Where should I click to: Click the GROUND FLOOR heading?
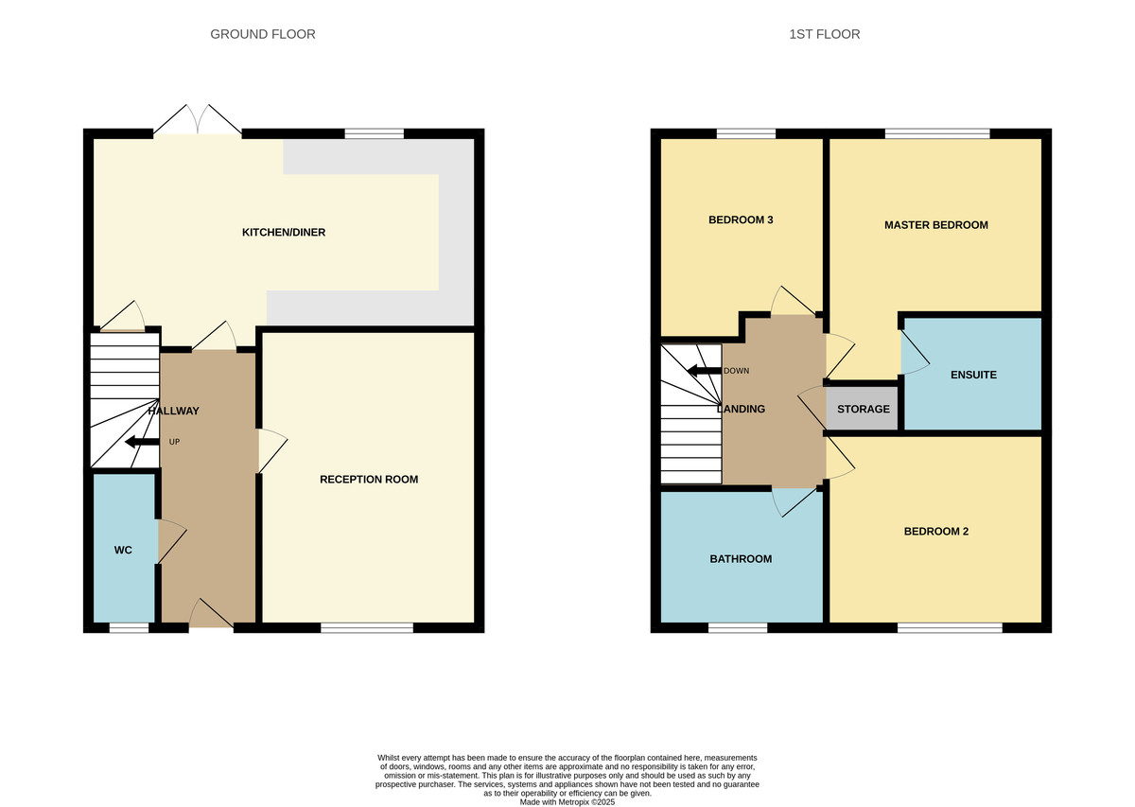pyautogui.click(x=262, y=34)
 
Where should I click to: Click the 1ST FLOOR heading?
pyautogui.click(x=824, y=34)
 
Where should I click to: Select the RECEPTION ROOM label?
pyautogui.click(x=369, y=479)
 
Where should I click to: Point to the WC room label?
pyautogui.click(x=123, y=550)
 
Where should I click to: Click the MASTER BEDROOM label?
pyautogui.click(x=935, y=225)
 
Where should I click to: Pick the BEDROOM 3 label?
pyautogui.click(x=741, y=220)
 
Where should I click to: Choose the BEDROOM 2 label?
pyautogui.click(x=935, y=532)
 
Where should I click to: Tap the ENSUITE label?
pyautogui.click(x=973, y=375)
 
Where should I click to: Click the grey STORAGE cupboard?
pyautogui.click(x=863, y=409)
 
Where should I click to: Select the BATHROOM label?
pyautogui.click(x=741, y=559)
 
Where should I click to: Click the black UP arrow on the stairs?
pyautogui.click(x=142, y=442)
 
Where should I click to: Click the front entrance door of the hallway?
pyautogui.click(x=211, y=616)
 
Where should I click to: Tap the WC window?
pyautogui.click(x=129, y=627)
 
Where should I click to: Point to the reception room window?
pyautogui.click(x=367, y=627)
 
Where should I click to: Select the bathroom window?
pyautogui.click(x=738, y=627)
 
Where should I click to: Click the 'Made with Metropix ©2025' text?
pyautogui.click(x=567, y=801)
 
